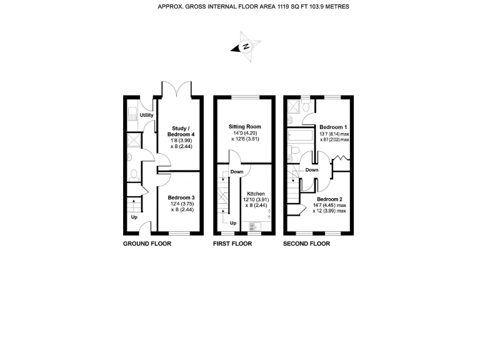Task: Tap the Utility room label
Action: point(147,115)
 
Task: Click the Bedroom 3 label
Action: point(180,197)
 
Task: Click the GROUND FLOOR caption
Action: point(147,244)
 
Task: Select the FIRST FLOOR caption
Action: point(233,244)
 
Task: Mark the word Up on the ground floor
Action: point(134,217)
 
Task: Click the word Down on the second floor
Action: point(312,169)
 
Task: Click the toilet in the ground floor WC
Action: point(132,174)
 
